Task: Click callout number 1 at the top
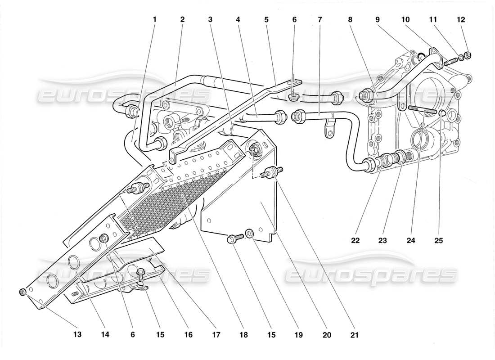pos(154,19)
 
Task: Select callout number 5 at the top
pos(266,19)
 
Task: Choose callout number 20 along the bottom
pos(327,335)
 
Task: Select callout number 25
pos(439,241)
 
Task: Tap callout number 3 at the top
pos(211,19)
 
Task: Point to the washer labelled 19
pos(249,234)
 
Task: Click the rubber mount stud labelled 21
pos(272,172)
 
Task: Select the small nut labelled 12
pos(468,55)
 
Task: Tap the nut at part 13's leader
pos(23,293)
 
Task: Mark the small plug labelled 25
pos(442,112)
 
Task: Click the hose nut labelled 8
pos(366,94)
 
